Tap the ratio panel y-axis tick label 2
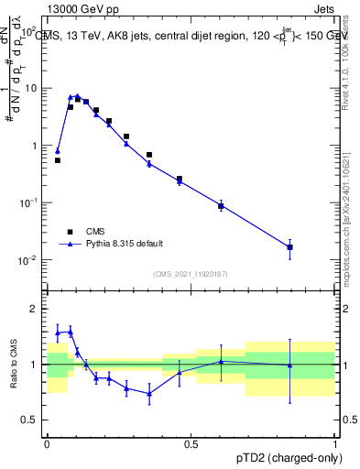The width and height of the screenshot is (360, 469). [x=34, y=309]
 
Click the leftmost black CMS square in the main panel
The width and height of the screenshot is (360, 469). [x=58, y=160]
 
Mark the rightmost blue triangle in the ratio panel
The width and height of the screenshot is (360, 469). [x=290, y=365]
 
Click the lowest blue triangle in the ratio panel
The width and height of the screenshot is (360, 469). [x=149, y=394]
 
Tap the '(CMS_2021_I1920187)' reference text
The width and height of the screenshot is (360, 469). [x=191, y=274]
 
